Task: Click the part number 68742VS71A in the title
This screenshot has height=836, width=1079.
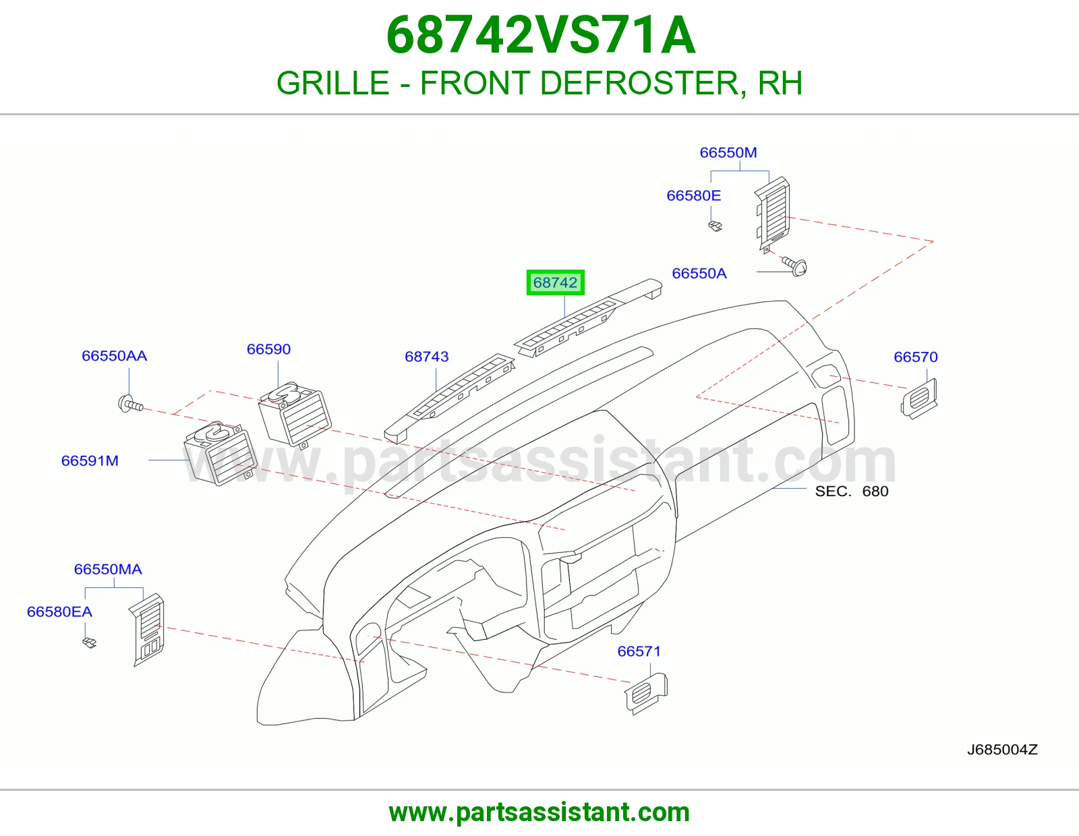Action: (541, 36)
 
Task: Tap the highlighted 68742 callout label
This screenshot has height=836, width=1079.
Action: (555, 282)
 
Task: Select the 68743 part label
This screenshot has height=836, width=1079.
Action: (426, 357)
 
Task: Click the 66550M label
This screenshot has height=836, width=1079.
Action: (728, 152)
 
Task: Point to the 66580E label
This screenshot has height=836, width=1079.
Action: (693, 196)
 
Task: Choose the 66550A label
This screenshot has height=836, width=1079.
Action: (699, 274)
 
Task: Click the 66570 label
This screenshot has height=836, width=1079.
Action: (916, 357)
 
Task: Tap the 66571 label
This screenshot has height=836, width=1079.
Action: (639, 651)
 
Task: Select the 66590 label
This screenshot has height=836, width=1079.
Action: (268, 349)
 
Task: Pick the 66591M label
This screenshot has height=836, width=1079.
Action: (90, 460)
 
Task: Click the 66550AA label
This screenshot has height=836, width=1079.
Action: (114, 356)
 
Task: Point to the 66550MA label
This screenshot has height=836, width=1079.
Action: (108, 569)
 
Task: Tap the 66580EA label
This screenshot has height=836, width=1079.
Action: (59, 611)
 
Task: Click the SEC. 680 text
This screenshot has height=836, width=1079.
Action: (852, 491)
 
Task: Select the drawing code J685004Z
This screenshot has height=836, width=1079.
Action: (1002, 750)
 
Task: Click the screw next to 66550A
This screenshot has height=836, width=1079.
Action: (794, 266)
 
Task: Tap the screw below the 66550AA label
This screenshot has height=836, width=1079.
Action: (131, 404)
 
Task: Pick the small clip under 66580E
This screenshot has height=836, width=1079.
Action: (715, 226)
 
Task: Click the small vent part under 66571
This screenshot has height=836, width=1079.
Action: (646, 694)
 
